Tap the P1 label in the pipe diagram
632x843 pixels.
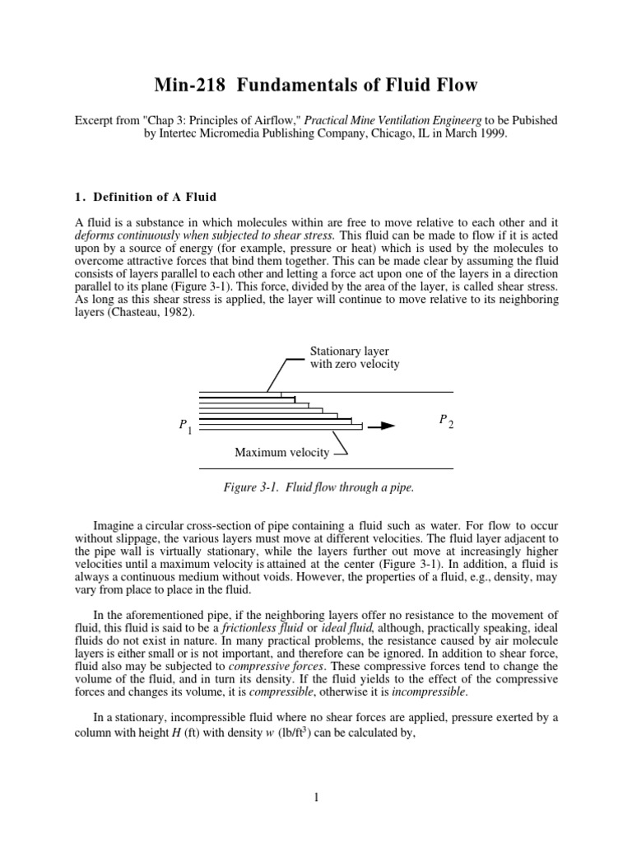pos(185,426)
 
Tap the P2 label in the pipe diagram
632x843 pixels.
pos(445,421)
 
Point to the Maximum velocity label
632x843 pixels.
pos(282,453)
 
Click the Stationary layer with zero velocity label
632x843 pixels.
pos(354,357)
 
